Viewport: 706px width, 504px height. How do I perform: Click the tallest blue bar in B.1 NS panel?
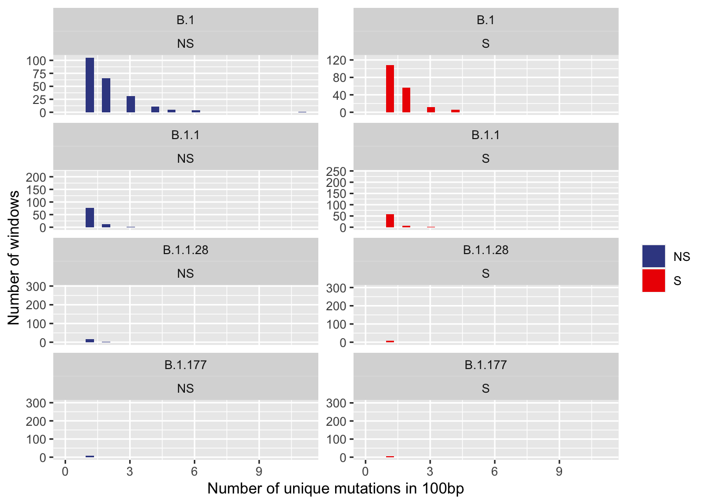tap(90, 85)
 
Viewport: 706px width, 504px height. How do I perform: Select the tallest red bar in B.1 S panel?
tap(390, 89)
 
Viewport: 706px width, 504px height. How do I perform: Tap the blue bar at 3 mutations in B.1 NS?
tap(131, 104)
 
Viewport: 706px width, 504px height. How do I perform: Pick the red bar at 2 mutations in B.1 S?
tap(406, 100)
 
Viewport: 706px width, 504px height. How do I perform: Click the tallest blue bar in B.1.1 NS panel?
tap(90, 218)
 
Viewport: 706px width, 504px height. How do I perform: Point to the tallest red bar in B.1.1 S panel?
tap(390, 221)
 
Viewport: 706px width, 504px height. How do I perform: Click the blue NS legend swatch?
tap(653, 256)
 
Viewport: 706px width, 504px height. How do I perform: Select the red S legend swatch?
tap(653, 281)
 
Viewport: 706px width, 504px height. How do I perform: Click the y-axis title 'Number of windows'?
tap(14, 257)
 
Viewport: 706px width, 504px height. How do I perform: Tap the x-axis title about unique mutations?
tap(336, 489)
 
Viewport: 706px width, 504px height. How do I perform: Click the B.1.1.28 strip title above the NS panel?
tap(185, 250)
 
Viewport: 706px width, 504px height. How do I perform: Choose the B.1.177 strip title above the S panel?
tap(485, 365)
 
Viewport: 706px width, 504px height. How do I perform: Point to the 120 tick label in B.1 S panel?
tap(336, 60)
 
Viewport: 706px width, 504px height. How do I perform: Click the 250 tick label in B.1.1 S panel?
tap(336, 171)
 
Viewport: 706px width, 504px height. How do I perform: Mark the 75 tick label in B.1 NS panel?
tap(36, 73)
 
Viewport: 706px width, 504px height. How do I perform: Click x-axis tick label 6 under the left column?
tap(194, 471)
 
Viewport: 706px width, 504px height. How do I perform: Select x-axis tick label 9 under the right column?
tap(559, 471)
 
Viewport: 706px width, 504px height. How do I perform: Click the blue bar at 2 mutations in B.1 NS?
tap(106, 96)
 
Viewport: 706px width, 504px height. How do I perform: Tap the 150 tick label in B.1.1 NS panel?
tap(36, 190)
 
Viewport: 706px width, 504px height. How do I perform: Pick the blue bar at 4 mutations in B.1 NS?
tap(155, 110)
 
